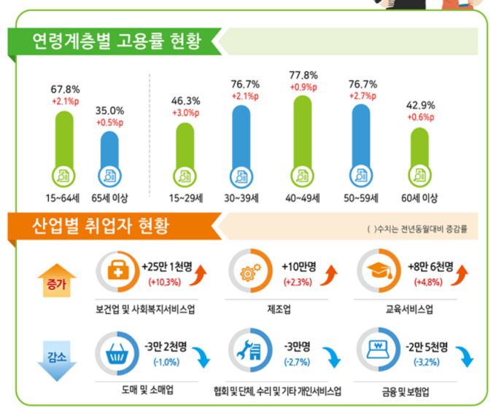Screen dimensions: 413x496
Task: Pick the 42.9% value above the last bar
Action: coord(419,105)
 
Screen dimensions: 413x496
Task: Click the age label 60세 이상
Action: coord(419,197)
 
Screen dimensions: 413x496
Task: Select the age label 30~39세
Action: coord(243,197)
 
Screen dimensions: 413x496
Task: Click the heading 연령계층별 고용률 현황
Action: coord(115,39)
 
